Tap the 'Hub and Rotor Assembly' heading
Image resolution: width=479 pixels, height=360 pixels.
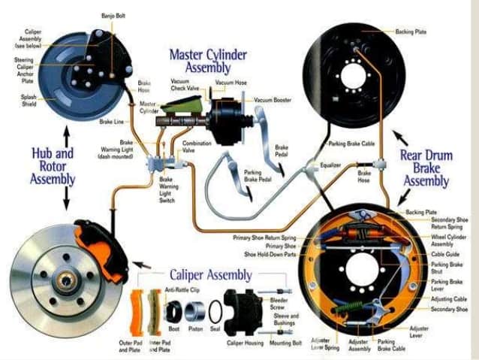point(53,165)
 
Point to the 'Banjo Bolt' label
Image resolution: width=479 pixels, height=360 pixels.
point(113,16)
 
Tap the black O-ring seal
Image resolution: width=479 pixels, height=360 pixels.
point(216,310)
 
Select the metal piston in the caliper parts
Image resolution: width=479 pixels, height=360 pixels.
point(196,310)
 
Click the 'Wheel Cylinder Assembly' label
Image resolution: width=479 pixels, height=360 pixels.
point(447,240)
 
